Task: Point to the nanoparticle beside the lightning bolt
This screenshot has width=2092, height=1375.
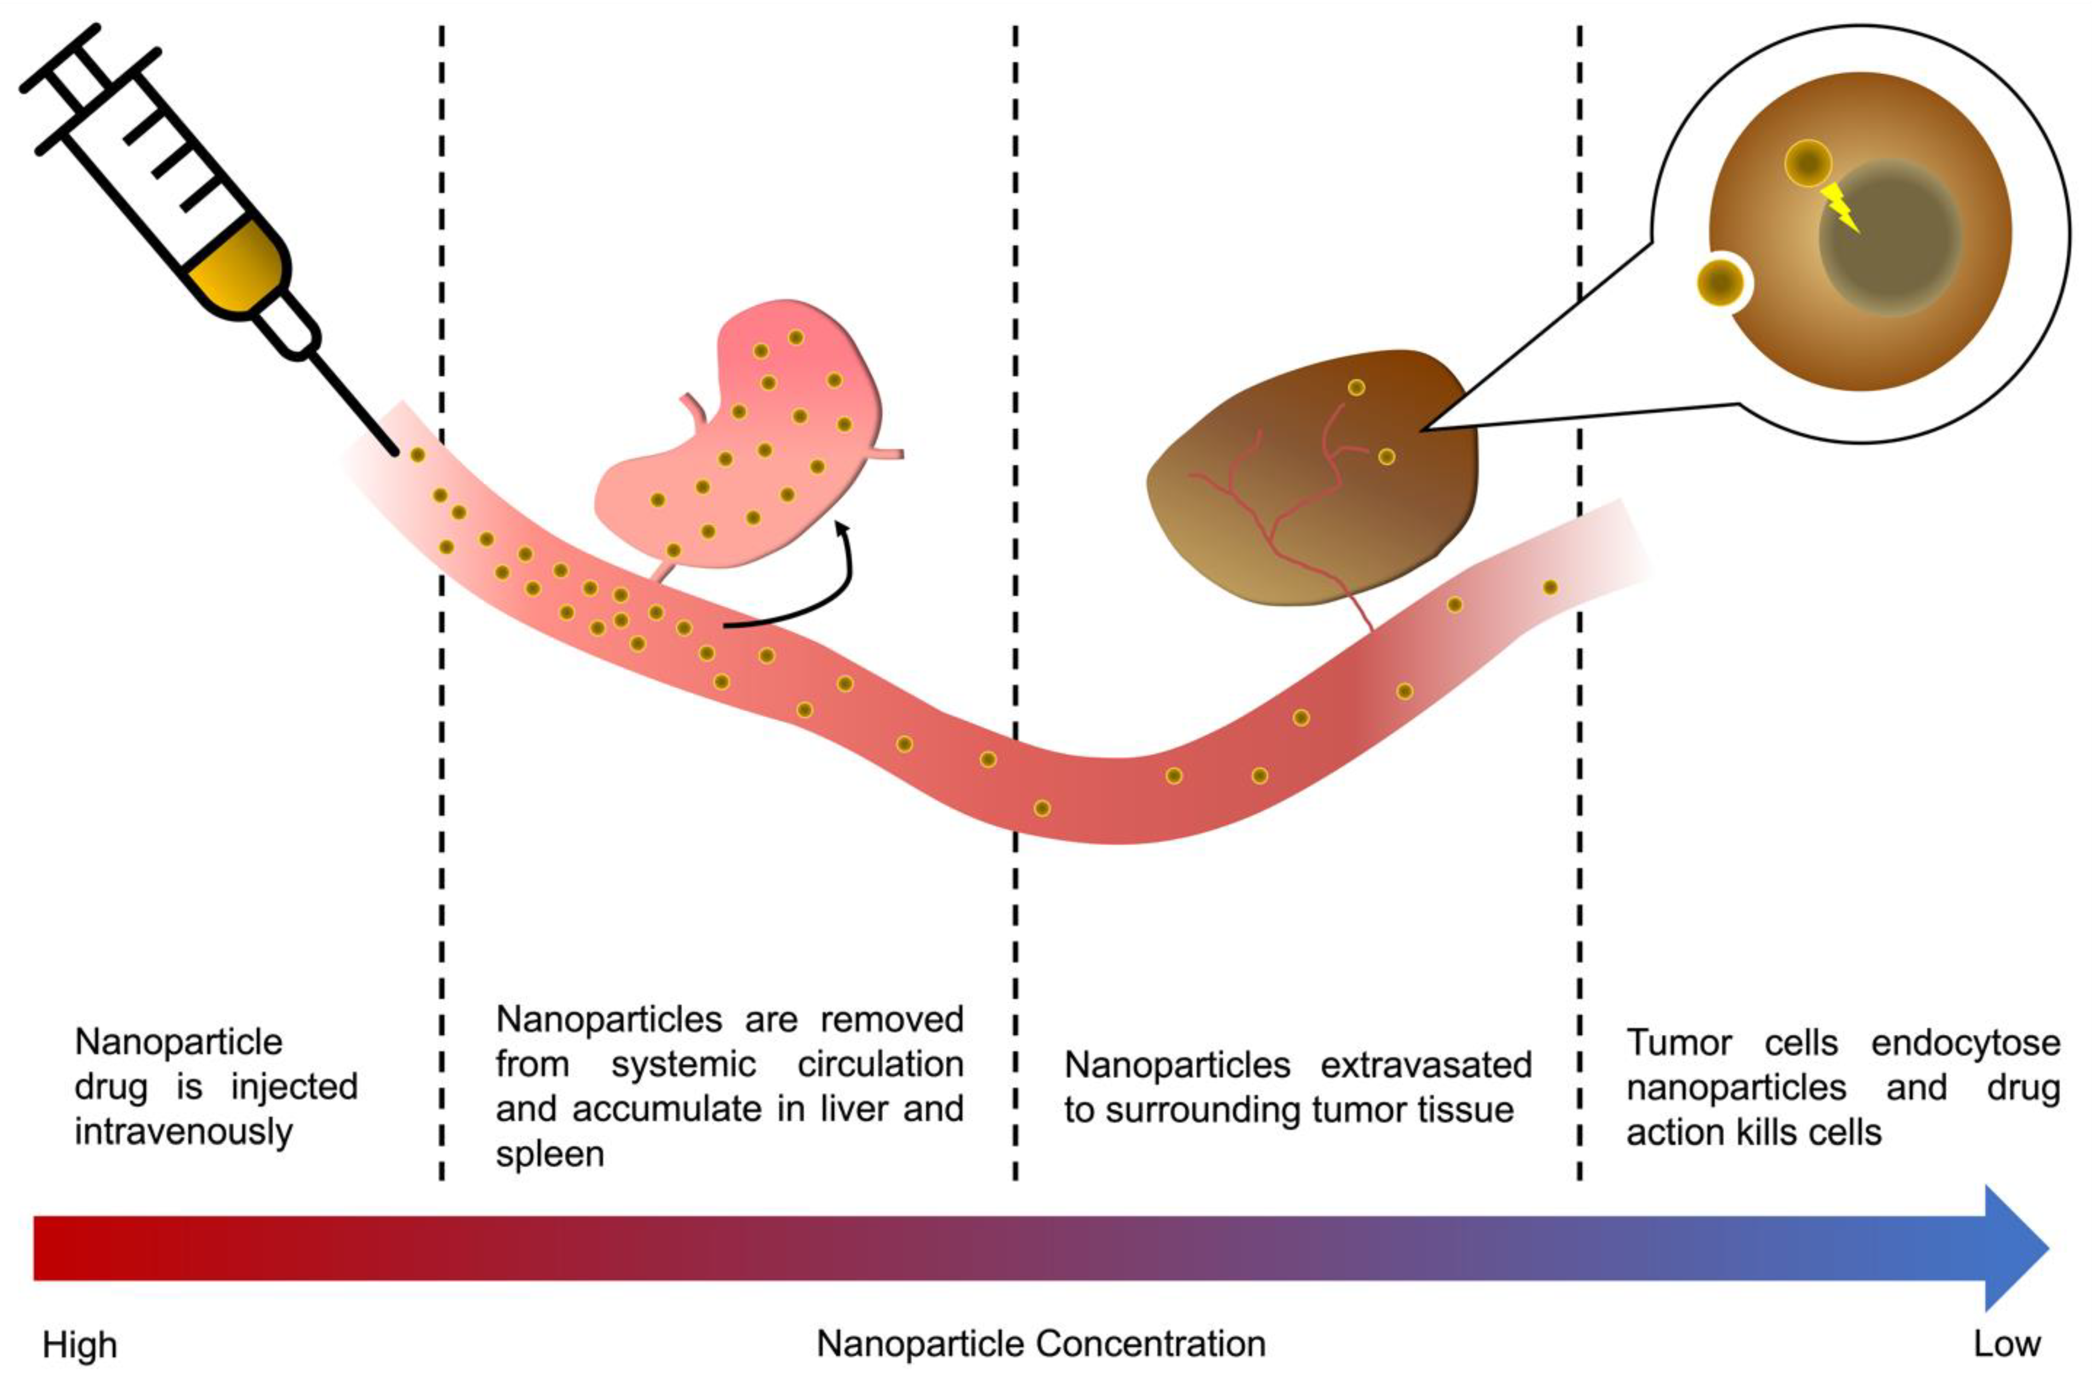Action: (1807, 163)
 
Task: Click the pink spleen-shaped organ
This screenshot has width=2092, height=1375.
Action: (747, 439)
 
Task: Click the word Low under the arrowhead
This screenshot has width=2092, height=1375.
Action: (2007, 1344)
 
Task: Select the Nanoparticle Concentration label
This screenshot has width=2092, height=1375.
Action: (1041, 1344)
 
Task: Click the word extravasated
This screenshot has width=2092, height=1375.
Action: (1426, 1065)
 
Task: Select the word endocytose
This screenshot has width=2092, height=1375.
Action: (1965, 1043)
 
